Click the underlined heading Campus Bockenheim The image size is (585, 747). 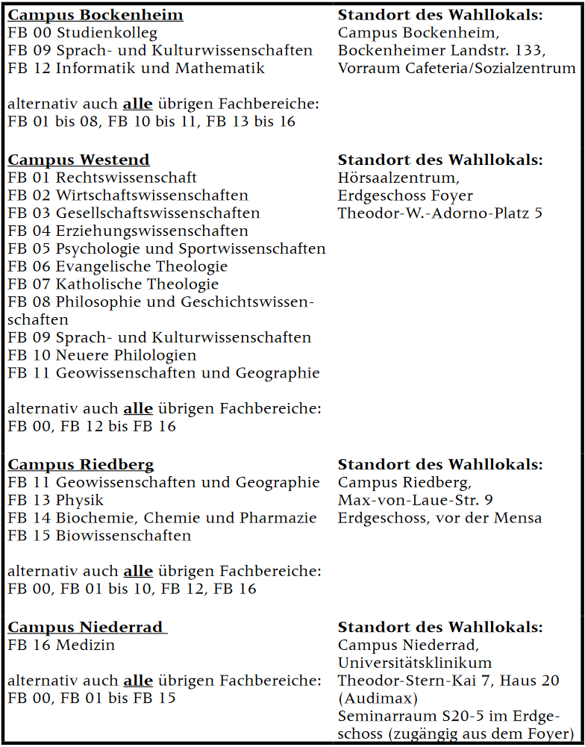point(95,15)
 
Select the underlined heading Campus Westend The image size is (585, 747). point(78,160)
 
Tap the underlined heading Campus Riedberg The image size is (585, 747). point(81,464)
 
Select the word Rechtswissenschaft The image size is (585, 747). point(126,178)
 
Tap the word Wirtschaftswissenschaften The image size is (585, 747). point(152,196)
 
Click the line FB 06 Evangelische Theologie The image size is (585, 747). point(117,266)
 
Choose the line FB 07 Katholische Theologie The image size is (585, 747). point(113,284)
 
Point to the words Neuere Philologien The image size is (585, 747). point(126,355)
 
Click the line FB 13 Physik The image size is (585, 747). point(55,500)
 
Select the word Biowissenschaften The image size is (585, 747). point(123,536)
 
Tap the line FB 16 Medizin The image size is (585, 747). point(61,645)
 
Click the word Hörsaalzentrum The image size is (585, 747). point(398,178)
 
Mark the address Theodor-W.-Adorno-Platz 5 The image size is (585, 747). point(440,213)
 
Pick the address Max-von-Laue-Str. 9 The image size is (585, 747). point(415,500)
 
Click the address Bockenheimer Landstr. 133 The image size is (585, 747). point(442,51)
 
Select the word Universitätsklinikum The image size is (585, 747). point(414,663)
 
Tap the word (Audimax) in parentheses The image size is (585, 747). point(378,698)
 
